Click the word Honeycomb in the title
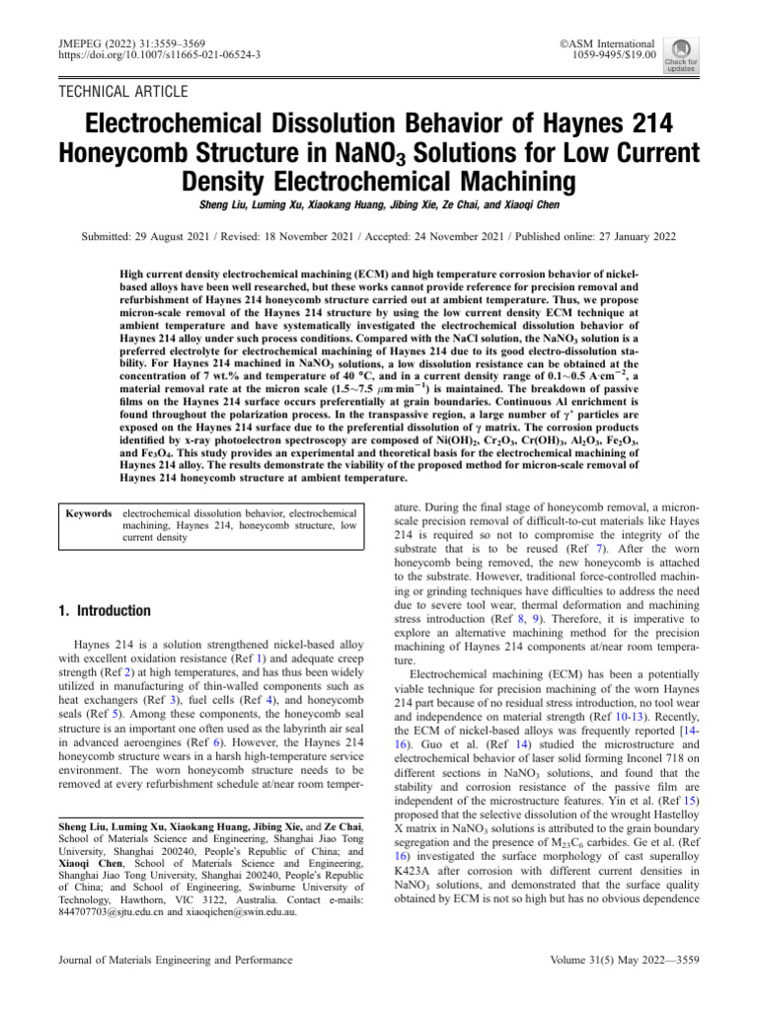(x=140, y=155)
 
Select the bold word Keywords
(x=88, y=514)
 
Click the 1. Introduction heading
(x=106, y=611)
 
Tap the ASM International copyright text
(x=606, y=44)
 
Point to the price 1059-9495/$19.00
(x=606, y=57)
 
